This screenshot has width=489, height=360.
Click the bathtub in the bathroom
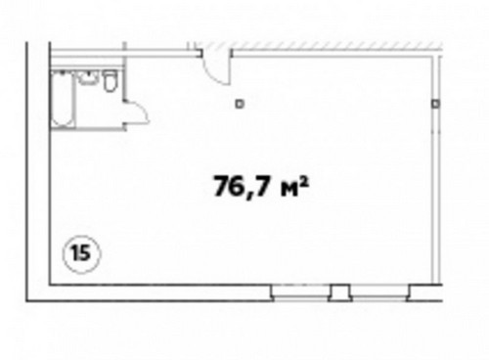[x=62, y=99]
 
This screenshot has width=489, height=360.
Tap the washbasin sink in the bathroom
[x=88, y=78]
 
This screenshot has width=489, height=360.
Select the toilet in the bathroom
[x=111, y=81]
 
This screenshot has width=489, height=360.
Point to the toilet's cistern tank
[x=111, y=73]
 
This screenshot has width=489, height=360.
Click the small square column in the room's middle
[x=240, y=104]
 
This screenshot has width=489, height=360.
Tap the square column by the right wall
[x=435, y=104]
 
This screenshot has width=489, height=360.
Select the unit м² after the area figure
[x=294, y=188]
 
